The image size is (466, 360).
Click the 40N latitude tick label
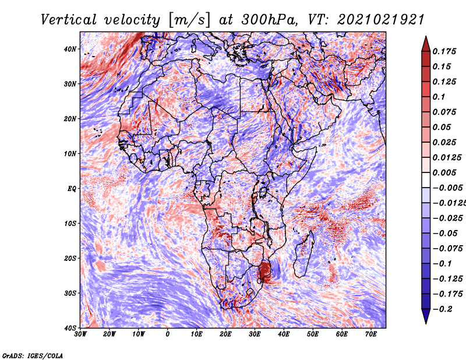70,49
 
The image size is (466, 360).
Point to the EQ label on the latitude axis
72,189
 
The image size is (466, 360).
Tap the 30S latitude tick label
70,294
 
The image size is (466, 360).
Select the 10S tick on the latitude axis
70,224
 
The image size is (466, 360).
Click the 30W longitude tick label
80,334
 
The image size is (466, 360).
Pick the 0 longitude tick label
168,334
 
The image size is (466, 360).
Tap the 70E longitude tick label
370,334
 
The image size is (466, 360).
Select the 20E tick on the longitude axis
225,334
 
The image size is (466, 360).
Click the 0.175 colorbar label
444,52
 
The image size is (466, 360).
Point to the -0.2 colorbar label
442,309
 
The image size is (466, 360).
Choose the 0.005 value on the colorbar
444,172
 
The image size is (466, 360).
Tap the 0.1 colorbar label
439,97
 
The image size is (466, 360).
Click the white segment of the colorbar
426,180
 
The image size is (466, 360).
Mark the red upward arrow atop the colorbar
426,44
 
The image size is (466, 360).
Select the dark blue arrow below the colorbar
426,316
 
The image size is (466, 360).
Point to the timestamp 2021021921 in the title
380,20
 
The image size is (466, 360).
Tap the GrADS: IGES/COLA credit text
33,356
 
